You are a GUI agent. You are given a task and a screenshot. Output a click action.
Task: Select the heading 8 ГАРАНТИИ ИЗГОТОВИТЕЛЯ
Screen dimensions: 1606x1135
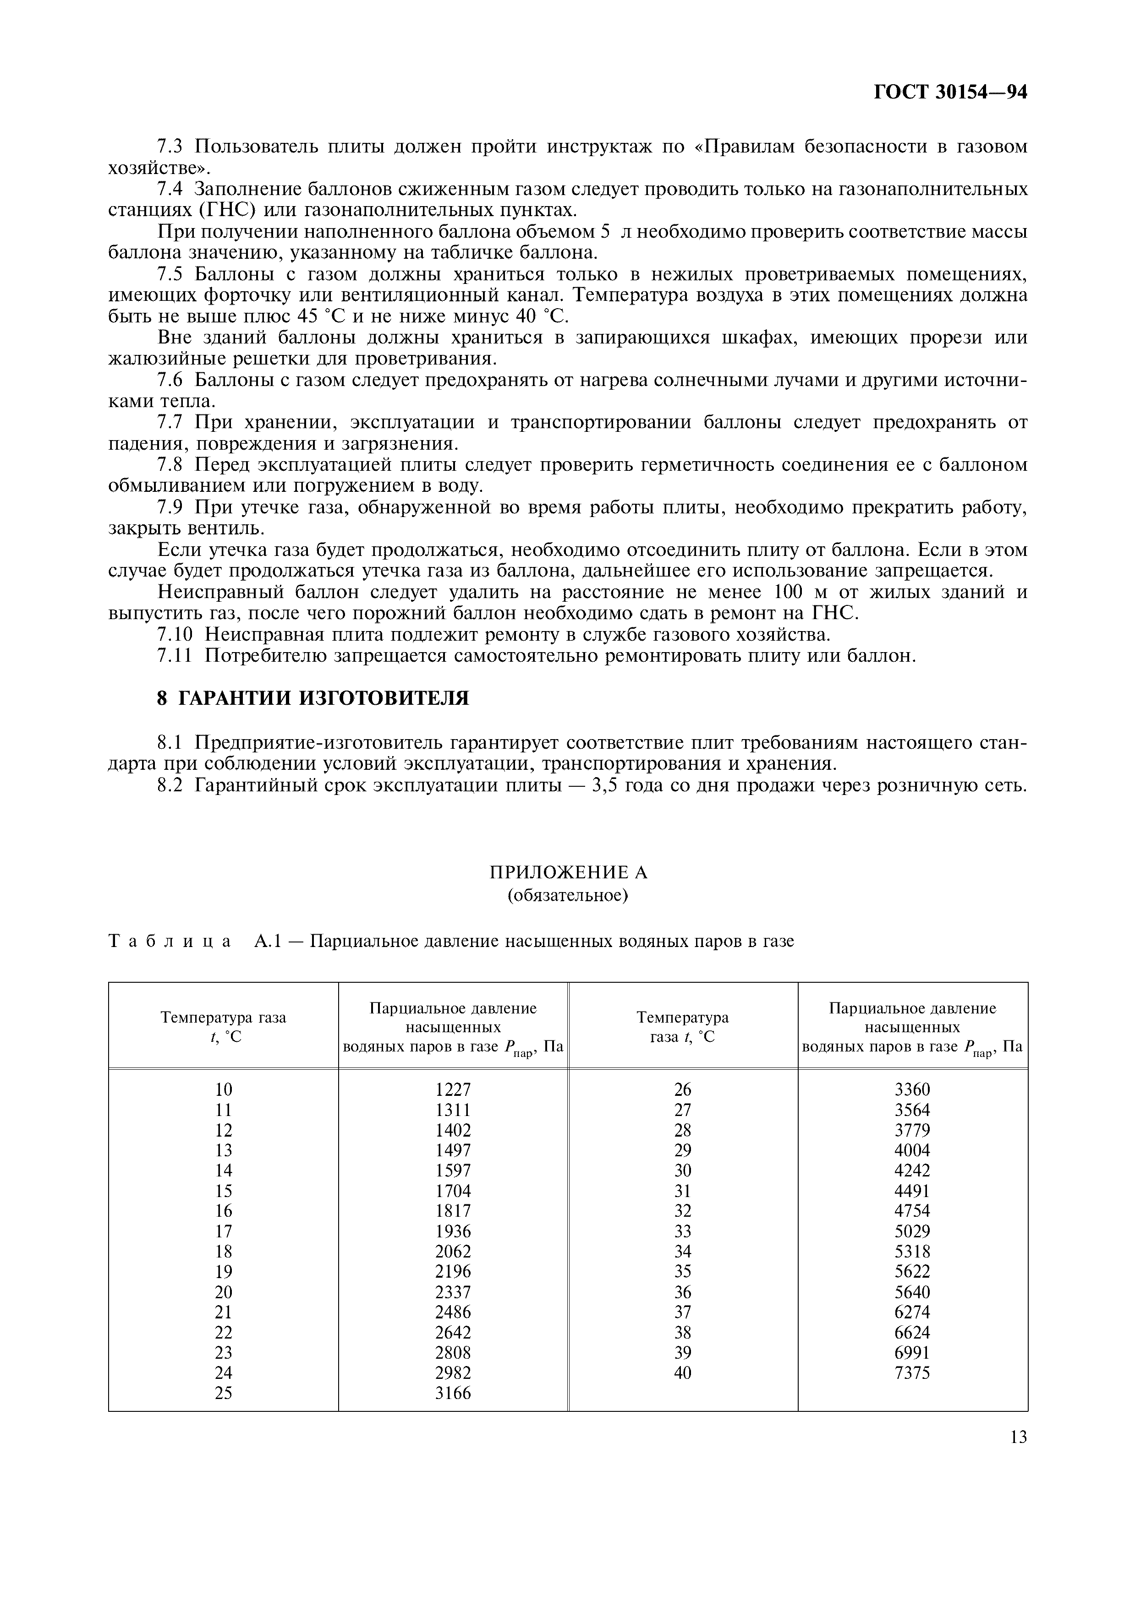313,698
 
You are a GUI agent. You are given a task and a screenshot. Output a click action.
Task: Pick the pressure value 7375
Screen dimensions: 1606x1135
912,1372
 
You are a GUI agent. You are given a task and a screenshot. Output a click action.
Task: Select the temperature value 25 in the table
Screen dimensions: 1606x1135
223,1393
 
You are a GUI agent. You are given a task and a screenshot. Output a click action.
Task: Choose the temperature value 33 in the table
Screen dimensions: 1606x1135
682,1231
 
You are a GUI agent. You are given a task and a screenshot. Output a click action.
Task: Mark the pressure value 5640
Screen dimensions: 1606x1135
912,1292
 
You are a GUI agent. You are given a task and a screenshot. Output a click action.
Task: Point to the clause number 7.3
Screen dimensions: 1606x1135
170,147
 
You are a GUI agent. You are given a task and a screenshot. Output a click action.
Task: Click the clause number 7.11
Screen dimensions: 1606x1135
174,656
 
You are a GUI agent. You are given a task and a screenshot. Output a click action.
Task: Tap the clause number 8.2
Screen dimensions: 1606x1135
170,785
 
